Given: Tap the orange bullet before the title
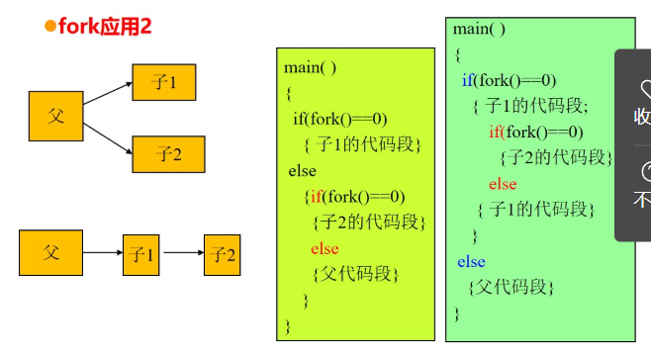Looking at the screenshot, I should pos(50,26).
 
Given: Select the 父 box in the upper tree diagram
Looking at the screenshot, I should pos(54,116).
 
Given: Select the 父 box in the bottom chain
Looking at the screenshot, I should pos(51,252).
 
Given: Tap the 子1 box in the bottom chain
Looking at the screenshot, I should pos(140,255).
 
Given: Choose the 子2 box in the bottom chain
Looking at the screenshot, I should pos(222,255).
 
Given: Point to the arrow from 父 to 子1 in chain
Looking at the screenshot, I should pos(103,254).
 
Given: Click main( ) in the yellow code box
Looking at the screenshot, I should pos(310,67).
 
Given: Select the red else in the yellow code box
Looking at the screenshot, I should pos(325,248).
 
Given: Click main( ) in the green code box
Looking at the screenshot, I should pos(480,29).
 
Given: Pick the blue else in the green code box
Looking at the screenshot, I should pos(471,262).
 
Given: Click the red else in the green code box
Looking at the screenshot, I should pos(503,184).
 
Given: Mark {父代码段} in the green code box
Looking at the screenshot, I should pos(511,288).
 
